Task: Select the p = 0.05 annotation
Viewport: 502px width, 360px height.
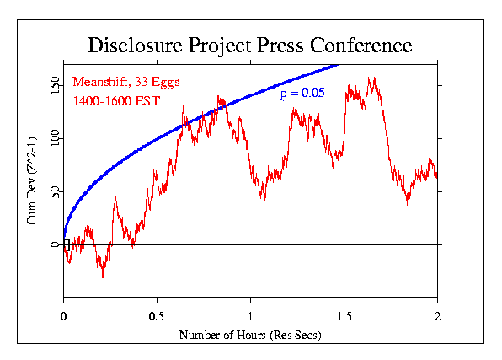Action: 302,93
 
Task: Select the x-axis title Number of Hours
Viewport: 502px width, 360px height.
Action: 250,335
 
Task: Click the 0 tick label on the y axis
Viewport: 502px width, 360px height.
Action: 55,244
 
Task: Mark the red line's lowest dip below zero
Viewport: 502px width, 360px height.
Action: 103,277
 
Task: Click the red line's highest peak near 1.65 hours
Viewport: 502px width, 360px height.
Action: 371,78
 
